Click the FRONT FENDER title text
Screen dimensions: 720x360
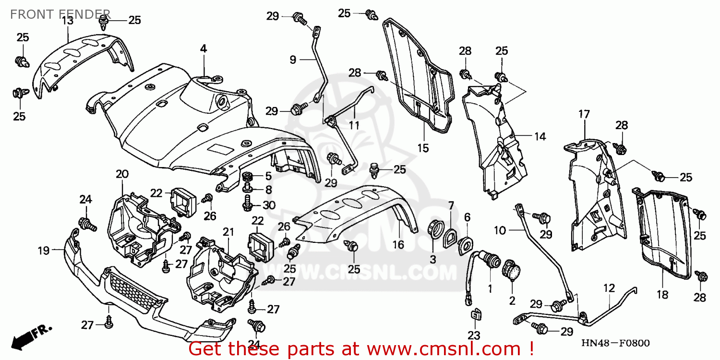60,14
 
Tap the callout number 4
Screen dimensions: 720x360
203,49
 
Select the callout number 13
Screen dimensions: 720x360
68,21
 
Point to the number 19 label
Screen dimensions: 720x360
44,251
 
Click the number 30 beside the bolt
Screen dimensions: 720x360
269,205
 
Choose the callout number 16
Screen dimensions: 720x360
398,245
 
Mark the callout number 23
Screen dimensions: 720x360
474,335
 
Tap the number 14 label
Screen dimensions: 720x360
540,137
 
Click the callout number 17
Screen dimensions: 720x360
584,114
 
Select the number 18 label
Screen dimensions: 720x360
662,294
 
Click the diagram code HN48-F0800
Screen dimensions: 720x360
615,343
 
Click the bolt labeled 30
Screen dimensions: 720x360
248,203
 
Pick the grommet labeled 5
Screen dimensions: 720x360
248,176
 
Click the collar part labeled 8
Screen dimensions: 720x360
247,187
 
